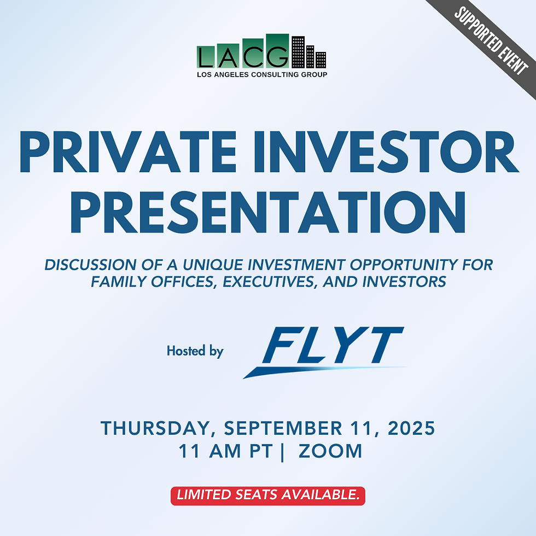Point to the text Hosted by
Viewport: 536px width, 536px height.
[x=195, y=351]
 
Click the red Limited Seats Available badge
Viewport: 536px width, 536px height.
[x=268, y=496]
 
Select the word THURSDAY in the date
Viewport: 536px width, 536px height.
[x=159, y=428]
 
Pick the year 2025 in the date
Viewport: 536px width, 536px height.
[x=410, y=428]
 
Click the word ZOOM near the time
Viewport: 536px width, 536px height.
[x=330, y=452]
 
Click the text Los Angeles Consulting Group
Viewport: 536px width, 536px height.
[x=262, y=74]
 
